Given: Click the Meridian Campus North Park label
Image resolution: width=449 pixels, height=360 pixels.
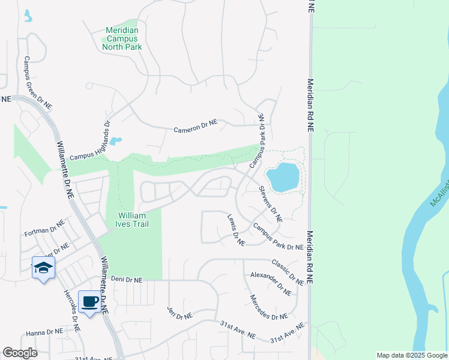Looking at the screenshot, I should (122, 38).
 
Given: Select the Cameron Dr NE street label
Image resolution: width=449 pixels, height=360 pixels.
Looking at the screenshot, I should (195, 125).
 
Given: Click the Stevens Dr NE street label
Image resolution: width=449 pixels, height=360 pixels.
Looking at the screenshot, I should (270, 204).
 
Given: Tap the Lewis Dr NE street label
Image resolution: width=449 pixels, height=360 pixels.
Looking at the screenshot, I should (236, 230).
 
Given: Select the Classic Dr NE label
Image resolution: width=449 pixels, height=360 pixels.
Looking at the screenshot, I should (288, 271).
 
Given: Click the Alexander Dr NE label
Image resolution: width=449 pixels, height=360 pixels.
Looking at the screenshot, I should (271, 284).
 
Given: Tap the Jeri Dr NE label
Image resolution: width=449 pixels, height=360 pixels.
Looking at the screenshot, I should (179, 312).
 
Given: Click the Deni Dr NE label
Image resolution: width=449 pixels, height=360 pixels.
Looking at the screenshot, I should (127, 280).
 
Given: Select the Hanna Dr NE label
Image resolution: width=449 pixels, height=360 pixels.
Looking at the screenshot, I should (44, 332).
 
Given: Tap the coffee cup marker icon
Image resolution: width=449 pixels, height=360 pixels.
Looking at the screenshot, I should (90, 302).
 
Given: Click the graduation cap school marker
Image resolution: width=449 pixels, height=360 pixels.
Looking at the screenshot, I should (43, 268).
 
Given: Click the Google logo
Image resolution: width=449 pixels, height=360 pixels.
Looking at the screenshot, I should (20, 353).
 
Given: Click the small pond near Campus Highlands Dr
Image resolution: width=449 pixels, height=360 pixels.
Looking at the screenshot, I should (116, 142).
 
